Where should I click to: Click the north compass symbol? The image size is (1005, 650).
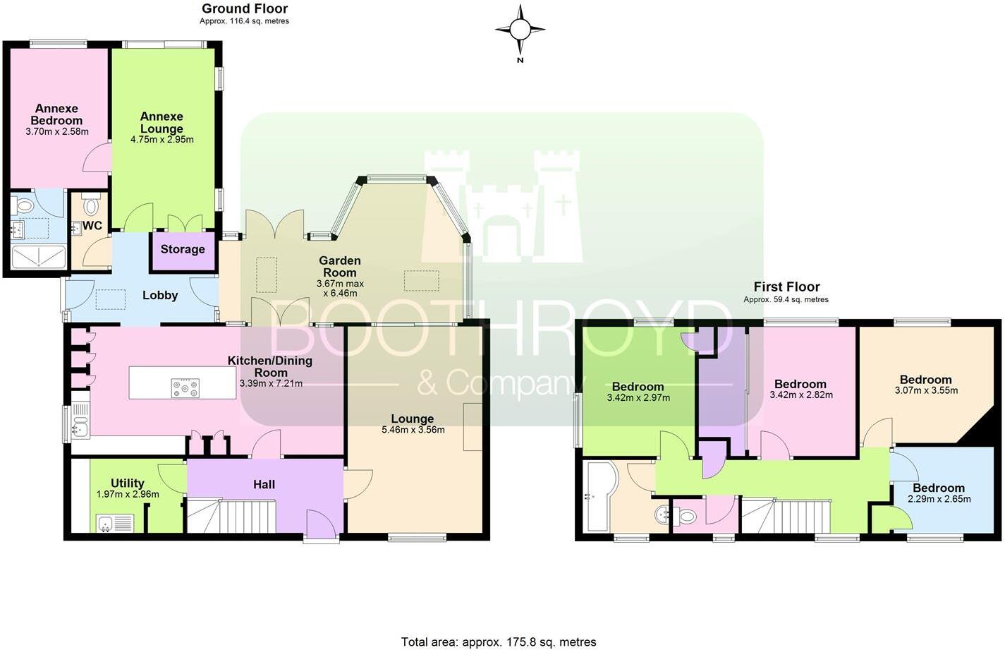(520, 30)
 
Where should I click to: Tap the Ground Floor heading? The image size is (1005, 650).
(244, 9)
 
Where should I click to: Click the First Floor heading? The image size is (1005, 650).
(786, 287)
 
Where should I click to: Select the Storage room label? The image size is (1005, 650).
(183, 249)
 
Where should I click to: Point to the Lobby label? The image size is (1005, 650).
(160, 295)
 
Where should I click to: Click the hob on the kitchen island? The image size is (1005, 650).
(185, 387)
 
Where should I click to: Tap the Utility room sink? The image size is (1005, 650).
(106, 523)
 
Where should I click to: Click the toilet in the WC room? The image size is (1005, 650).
(91, 206)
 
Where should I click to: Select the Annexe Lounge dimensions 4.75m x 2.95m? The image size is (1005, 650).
(162, 140)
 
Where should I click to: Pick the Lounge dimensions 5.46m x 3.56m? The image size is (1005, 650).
(413, 430)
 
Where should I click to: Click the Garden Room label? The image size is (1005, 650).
(340, 267)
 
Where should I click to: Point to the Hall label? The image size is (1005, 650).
(264, 484)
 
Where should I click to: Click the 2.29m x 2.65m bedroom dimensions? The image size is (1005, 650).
(938, 499)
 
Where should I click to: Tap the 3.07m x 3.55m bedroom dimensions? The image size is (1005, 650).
(926, 390)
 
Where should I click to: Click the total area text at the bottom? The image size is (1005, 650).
(499, 642)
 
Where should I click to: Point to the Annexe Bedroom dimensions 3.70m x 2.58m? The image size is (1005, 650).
(57, 132)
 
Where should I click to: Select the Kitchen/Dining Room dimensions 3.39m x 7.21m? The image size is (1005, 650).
(271, 384)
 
